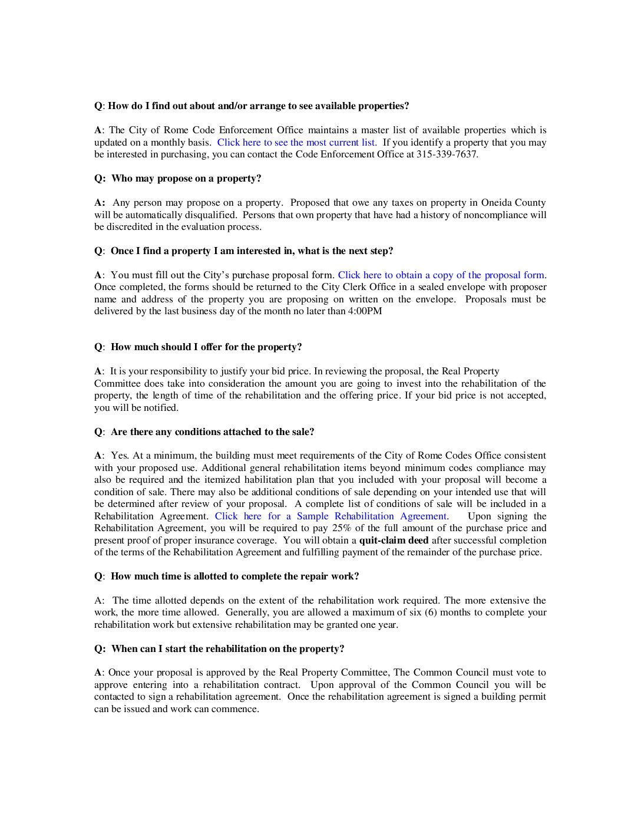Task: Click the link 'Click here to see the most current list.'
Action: pos(297,143)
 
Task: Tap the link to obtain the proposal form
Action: pos(441,275)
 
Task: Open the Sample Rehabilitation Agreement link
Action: pos(332,516)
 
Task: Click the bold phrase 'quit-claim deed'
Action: pos(394,541)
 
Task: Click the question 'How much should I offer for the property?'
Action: pos(206,347)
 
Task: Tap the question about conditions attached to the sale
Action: pos(212,432)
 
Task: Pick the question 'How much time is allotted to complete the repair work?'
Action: pos(234,577)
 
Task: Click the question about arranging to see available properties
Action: pos(258,106)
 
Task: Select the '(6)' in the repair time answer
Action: pos(431,612)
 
